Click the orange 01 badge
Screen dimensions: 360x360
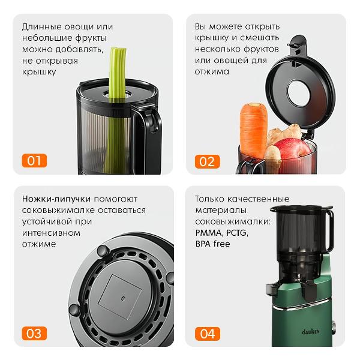pyautogui.click(x=34, y=160)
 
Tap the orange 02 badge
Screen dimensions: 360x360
pyautogui.click(x=208, y=161)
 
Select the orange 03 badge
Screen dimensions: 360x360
pyautogui.click(x=34, y=334)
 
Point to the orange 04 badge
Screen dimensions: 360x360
pyautogui.click(x=208, y=334)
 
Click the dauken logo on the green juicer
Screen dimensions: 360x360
pyautogui.click(x=310, y=331)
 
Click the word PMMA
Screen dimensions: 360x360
pyautogui.click(x=208, y=233)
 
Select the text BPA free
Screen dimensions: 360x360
pyautogui.click(x=212, y=244)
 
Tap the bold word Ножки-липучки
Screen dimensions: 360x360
pyautogui.click(x=56, y=199)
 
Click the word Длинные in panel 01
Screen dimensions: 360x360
pyautogui.click(x=41, y=27)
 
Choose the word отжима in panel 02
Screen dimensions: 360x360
pyautogui.click(x=212, y=71)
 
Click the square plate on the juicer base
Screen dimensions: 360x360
pyautogui.click(x=120, y=297)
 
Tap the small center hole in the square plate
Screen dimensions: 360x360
pyautogui.click(x=124, y=299)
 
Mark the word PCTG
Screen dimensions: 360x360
pyautogui.click(x=237, y=233)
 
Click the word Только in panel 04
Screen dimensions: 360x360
pyautogui.click(x=209, y=199)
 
